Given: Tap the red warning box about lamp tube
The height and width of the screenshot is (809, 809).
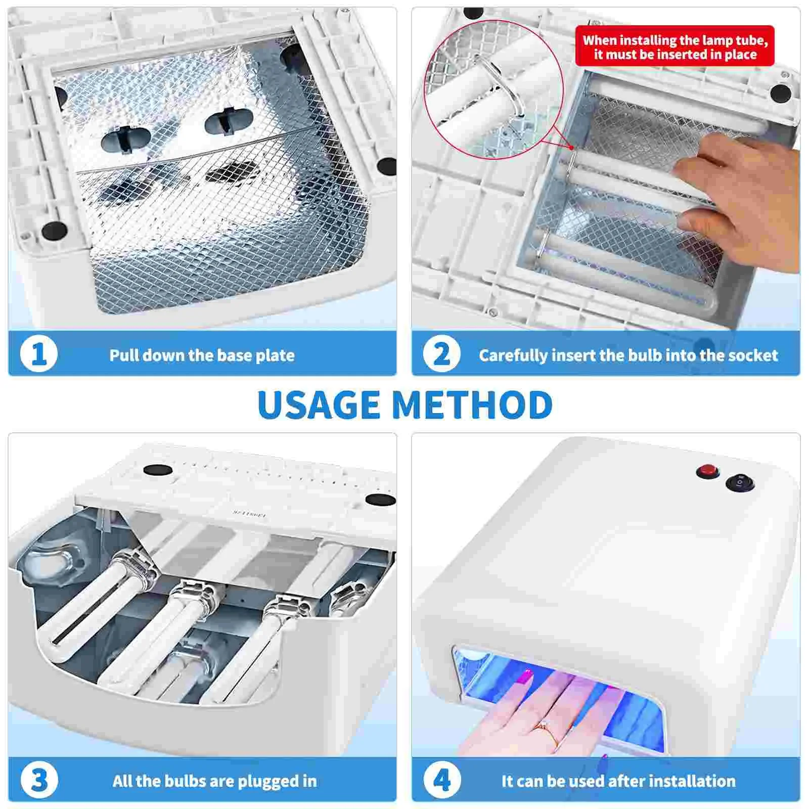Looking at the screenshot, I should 675,47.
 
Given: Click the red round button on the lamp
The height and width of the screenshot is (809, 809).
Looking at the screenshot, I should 707,472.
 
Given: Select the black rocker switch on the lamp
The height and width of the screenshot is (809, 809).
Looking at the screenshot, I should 740,483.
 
